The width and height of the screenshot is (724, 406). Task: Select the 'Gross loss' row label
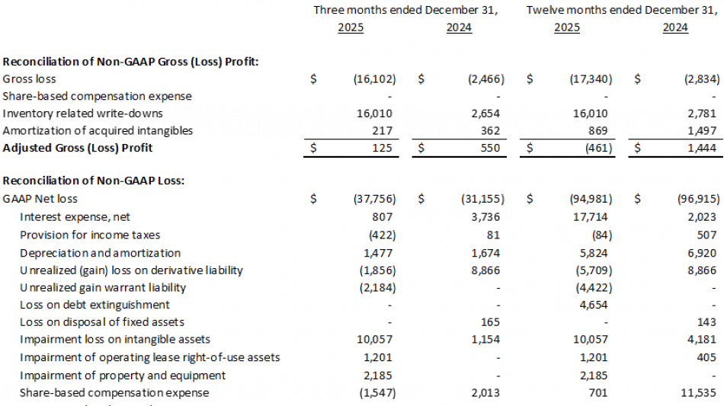(x=30, y=78)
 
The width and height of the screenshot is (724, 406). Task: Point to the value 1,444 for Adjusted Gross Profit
(x=702, y=148)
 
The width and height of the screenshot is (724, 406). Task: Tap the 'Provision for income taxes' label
(x=90, y=235)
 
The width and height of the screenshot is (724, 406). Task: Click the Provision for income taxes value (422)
(x=380, y=235)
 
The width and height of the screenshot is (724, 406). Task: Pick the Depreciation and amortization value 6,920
(x=702, y=252)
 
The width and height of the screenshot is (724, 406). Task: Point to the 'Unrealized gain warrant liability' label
(x=103, y=287)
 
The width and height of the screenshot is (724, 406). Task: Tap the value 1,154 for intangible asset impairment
(x=487, y=340)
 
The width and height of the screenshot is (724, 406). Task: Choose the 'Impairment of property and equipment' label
(x=123, y=375)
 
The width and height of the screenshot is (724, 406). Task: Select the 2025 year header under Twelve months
(x=566, y=27)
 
